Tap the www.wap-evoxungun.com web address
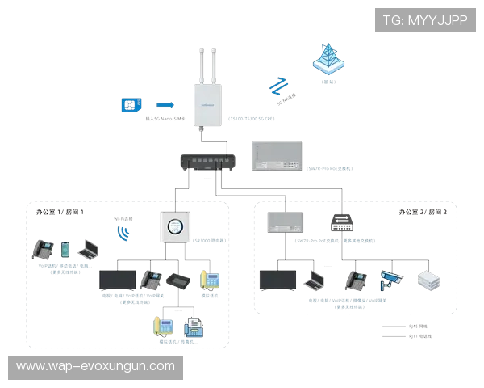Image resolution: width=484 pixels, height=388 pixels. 95,366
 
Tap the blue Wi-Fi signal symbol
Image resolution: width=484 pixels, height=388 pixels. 123,234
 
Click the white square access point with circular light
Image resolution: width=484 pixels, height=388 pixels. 173,226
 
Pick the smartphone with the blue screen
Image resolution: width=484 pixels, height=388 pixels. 65,248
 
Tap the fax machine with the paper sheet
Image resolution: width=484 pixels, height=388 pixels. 194,327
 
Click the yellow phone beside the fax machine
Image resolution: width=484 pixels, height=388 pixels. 163,326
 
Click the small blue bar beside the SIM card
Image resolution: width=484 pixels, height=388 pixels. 164,104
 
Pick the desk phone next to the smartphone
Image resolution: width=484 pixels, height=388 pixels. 42,250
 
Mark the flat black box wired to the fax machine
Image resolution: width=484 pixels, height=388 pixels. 178,280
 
